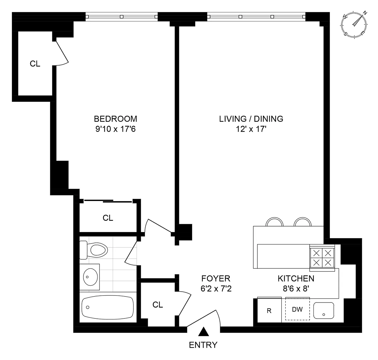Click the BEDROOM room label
[115, 119]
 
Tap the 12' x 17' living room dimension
[251, 129]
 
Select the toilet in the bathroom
[94, 250]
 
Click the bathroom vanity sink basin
[90, 277]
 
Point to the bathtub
[107, 307]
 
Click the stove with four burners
[322, 258]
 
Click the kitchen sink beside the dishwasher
[324, 310]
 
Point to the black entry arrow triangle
[203, 332]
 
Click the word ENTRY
[203, 345]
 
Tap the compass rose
[354, 25]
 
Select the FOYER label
[216, 278]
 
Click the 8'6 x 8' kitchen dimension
[296, 289]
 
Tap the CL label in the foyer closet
[158, 305]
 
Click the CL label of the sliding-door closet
[108, 218]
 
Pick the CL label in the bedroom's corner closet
[35, 64]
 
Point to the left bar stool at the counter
[274, 222]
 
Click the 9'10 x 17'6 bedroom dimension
[115, 129]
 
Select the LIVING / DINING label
[251, 119]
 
